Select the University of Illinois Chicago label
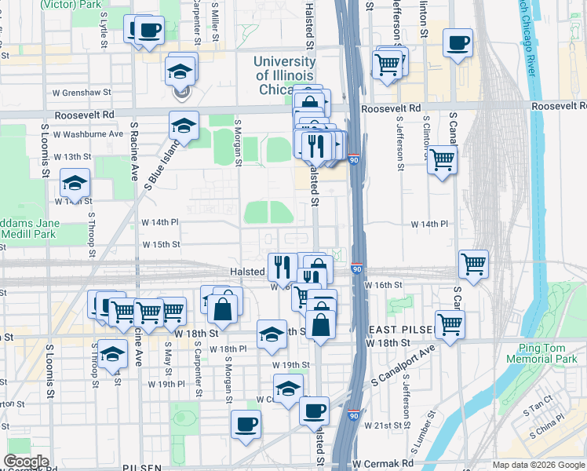[x=284, y=75]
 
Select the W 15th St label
[x=161, y=244]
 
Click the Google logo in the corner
[x=27, y=462]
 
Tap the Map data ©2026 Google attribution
[x=538, y=465]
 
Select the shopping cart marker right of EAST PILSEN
[x=450, y=323]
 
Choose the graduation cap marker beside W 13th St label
[x=75, y=183]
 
